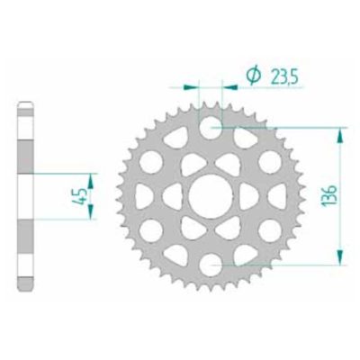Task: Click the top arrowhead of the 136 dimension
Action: coord(339,134)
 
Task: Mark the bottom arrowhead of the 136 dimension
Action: coord(339,256)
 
